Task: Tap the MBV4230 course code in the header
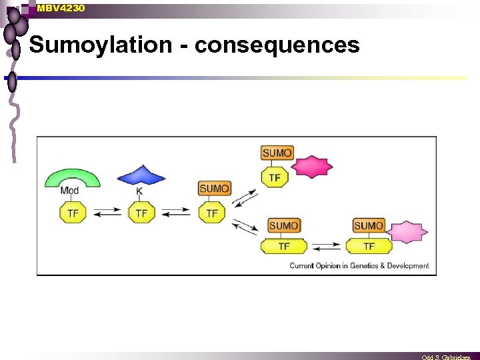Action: pos(61,8)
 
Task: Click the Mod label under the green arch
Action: pos(69,191)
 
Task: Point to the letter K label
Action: pos(139,191)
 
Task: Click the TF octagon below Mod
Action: pos(73,213)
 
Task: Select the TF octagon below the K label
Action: pos(141,213)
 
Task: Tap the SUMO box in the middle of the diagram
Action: pos(214,189)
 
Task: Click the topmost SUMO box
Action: pos(277,153)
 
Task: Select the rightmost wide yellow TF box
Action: pos(369,246)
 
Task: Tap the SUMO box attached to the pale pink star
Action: pos(369,226)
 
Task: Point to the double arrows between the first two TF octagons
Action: pos(107,213)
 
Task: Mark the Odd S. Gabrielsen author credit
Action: pos(446,357)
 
